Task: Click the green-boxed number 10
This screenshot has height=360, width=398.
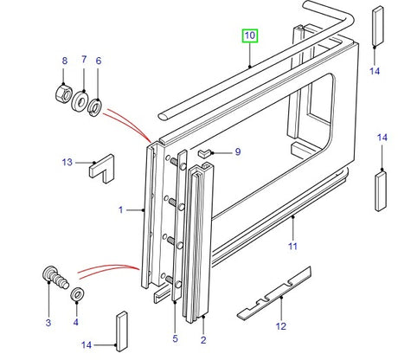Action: [249, 35]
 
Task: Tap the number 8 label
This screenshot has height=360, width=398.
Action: [63, 60]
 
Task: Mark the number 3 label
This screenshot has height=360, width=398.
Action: [48, 322]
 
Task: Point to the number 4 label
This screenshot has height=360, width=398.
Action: [75, 322]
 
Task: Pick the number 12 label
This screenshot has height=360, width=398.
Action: [280, 326]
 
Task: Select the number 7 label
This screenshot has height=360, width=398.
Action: [84, 60]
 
